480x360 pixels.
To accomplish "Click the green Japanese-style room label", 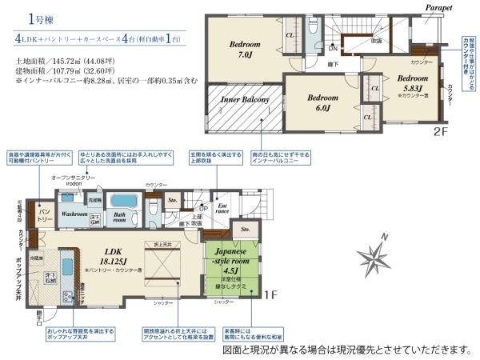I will (x=231, y=263).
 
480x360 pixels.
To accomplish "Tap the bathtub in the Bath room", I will (x=124, y=202).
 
